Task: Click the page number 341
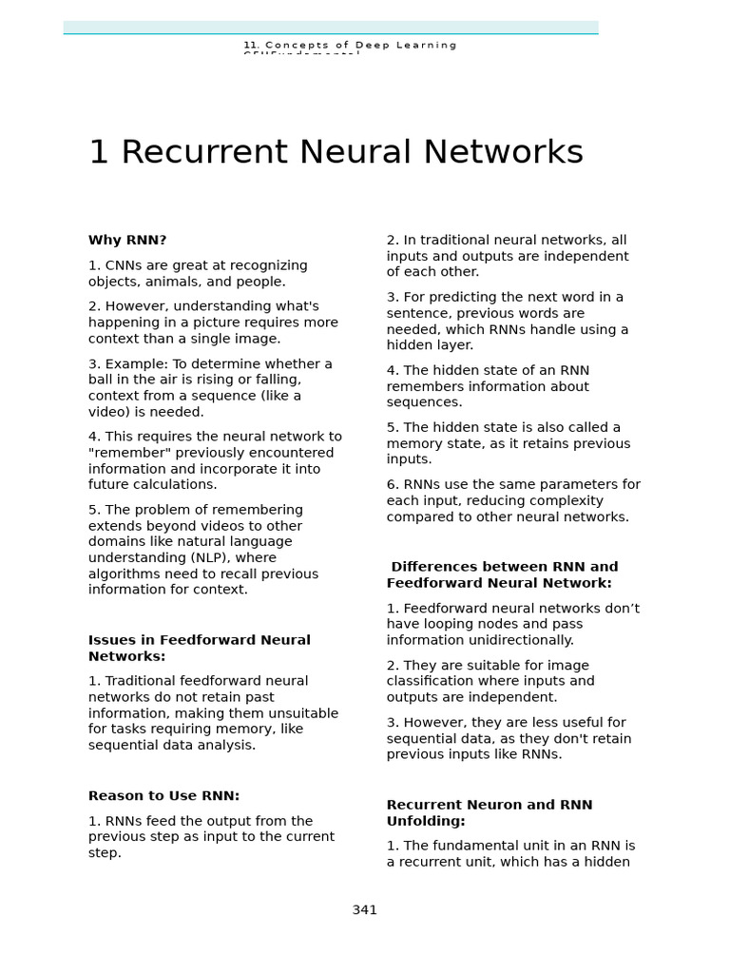coord(365,910)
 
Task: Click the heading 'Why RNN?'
coord(127,241)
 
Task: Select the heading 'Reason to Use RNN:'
coord(163,796)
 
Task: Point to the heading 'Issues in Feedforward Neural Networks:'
coord(199,648)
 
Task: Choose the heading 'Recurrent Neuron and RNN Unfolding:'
coord(489,812)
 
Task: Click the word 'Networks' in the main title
coord(504,152)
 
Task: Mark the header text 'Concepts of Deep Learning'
coord(359,45)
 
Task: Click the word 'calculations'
coord(176,485)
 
